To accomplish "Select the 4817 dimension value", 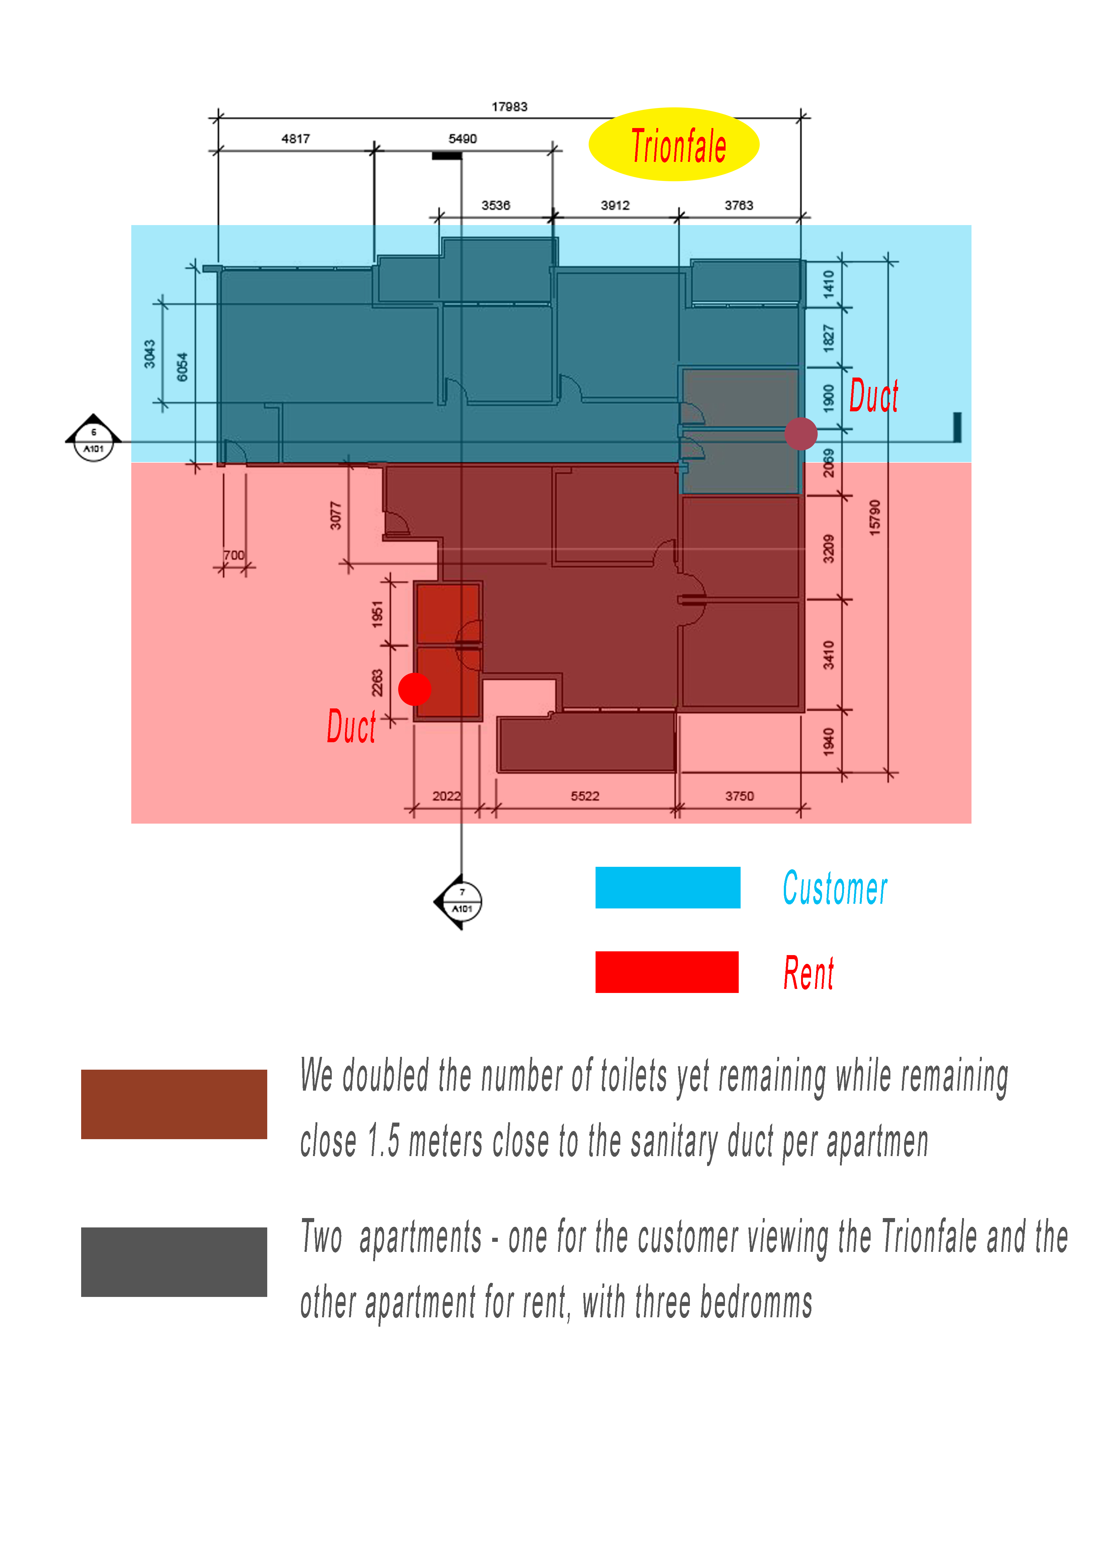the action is (296, 139).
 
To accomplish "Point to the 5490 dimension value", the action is (463, 139).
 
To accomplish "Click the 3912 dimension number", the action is (615, 205).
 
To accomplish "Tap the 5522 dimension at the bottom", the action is (585, 796).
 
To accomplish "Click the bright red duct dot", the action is (415, 689).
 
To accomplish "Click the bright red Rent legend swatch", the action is (667, 972).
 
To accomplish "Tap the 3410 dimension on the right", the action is (828, 655).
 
